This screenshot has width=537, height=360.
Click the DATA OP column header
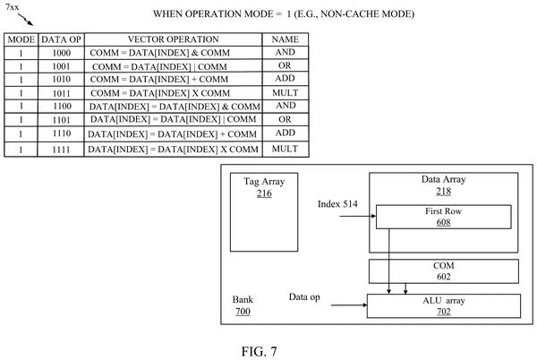(61, 39)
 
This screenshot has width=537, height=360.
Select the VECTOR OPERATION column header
(174, 39)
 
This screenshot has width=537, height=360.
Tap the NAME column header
(285, 39)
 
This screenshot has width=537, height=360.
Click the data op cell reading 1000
(62, 53)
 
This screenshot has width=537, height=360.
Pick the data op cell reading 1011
(62, 93)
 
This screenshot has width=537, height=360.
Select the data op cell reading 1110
(62, 133)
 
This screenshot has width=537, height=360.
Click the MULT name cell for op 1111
(285, 149)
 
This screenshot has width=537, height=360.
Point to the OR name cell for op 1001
(285, 65)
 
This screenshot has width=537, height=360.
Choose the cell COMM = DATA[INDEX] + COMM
(159, 80)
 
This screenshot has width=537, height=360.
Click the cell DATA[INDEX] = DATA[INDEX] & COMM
(175, 107)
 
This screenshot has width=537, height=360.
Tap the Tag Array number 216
(264, 193)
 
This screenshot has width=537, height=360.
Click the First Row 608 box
(444, 217)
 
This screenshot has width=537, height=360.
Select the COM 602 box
(444, 271)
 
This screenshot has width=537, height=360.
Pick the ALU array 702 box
(444, 306)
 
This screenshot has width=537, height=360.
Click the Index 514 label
(337, 204)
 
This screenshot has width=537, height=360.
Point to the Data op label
(304, 297)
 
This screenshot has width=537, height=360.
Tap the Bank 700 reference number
(243, 312)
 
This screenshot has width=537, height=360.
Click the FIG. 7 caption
(260, 351)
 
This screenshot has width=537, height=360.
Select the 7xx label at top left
(13, 7)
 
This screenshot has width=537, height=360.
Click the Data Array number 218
(444, 191)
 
